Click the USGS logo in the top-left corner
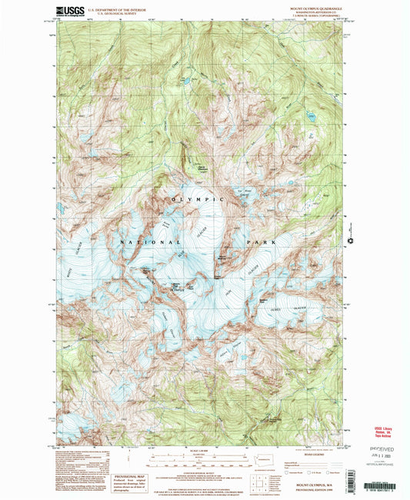pyautogui.click(x=68, y=12)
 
